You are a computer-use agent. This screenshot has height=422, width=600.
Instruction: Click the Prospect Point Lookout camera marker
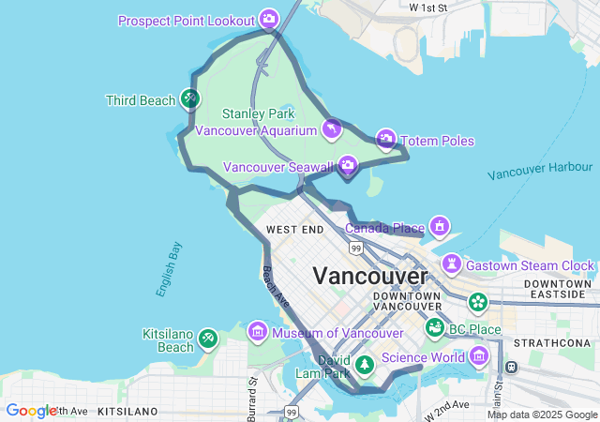point(269,19)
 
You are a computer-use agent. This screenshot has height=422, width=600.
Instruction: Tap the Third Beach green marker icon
point(189,98)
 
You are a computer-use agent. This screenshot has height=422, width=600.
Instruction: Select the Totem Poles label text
point(438,142)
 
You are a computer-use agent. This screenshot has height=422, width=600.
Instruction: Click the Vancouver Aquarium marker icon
point(331,128)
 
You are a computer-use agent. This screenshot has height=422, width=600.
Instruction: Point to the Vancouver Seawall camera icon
point(348,166)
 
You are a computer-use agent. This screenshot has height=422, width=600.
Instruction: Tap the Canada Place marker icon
point(439,226)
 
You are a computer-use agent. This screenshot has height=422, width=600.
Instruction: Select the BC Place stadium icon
point(435,328)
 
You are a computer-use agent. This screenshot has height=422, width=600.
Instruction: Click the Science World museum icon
point(480,355)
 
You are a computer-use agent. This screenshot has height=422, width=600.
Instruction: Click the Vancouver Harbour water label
point(540,171)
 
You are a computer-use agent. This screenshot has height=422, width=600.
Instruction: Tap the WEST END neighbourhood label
point(294,230)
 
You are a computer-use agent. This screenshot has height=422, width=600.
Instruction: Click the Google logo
point(31,411)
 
